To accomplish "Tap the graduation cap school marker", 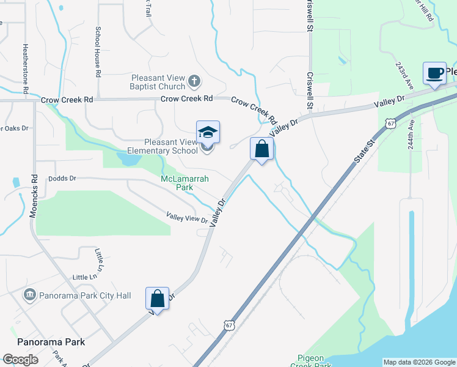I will [208, 133].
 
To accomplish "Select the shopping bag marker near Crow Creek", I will [261, 149].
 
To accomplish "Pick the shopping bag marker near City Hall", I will [157, 299].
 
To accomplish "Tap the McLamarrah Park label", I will [177, 183].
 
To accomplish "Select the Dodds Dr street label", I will [63, 179].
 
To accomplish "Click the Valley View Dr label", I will [187, 217].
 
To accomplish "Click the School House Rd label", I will [98, 52].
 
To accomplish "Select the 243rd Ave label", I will [401, 74].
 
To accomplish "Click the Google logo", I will [20, 360].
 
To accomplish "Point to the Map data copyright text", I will [419, 362].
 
